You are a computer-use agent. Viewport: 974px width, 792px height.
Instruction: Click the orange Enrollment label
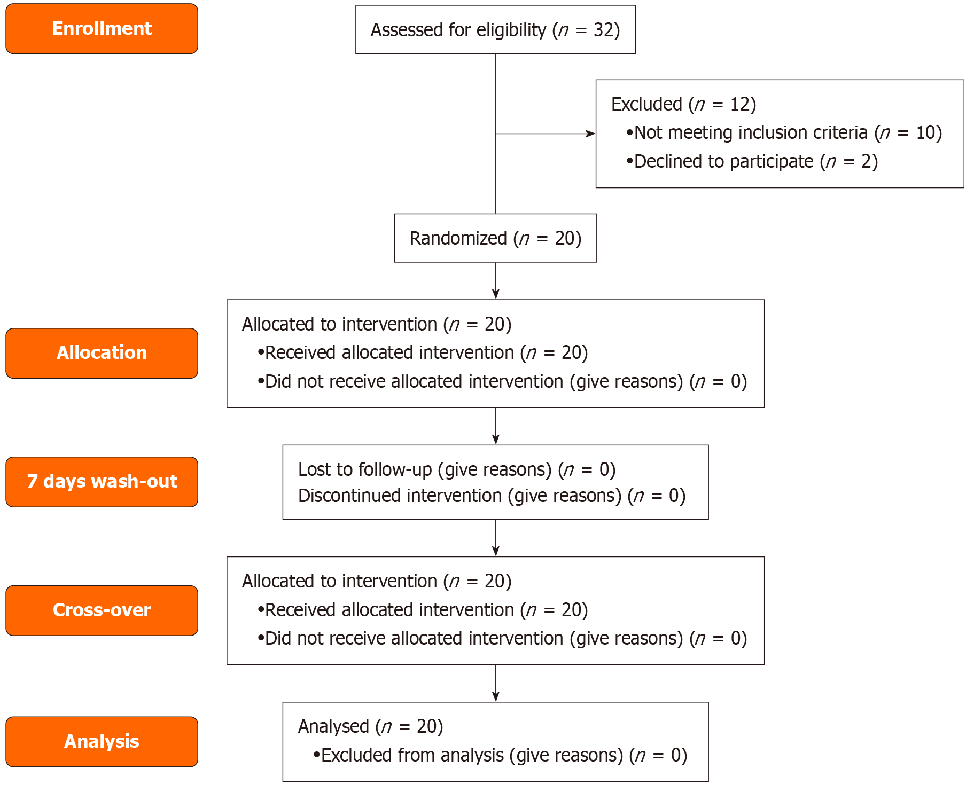[102, 28]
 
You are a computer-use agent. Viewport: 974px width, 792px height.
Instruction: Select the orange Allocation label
[102, 353]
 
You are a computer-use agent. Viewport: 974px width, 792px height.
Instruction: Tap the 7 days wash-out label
[102, 482]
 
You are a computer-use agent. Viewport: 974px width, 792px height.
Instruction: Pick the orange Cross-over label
[102, 610]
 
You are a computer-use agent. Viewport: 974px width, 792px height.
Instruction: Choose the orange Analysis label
[102, 742]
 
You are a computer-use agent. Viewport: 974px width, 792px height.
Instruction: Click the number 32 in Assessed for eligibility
[603, 30]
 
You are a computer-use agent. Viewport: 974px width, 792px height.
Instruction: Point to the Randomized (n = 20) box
[495, 238]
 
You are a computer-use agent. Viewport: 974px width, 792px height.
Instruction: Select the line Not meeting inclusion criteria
[783, 132]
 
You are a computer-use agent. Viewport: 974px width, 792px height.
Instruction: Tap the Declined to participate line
[752, 161]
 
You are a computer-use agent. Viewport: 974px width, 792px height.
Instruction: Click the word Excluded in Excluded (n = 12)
[646, 104]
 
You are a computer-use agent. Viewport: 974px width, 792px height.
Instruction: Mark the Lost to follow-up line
[456, 469]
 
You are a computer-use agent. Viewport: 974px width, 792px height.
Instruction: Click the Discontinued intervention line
[491, 496]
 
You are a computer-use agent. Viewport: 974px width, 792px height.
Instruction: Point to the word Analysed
[333, 726]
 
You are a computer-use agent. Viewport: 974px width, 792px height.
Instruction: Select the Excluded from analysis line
[500, 755]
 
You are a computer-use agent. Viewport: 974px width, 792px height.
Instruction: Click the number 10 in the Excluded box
[925, 132]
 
